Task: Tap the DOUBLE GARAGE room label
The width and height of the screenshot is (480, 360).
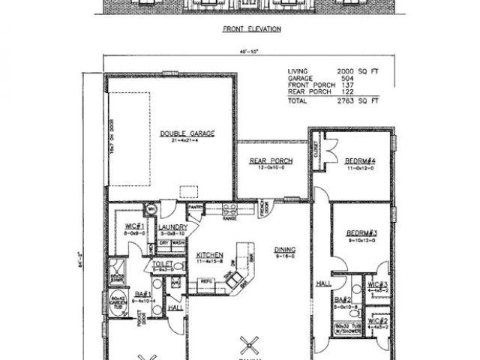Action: pyautogui.click(x=187, y=133)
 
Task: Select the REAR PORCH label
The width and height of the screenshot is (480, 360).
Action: pyautogui.click(x=271, y=161)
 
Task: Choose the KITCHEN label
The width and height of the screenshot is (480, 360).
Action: pyautogui.click(x=210, y=254)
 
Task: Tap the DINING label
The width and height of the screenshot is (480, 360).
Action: pyautogui.click(x=283, y=250)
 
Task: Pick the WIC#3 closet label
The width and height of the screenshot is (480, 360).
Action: pyautogui.click(x=376, y=285)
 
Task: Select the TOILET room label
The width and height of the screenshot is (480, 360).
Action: pyautogui.click(x=163, y=264)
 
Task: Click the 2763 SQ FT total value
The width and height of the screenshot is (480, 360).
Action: pyautogui.click(x=359, y=99)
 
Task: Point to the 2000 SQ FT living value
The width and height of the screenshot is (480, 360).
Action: pyautogui.click(x=359, y=71)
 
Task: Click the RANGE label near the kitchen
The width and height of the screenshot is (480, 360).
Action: pyautogui.click(x=229, y=218)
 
